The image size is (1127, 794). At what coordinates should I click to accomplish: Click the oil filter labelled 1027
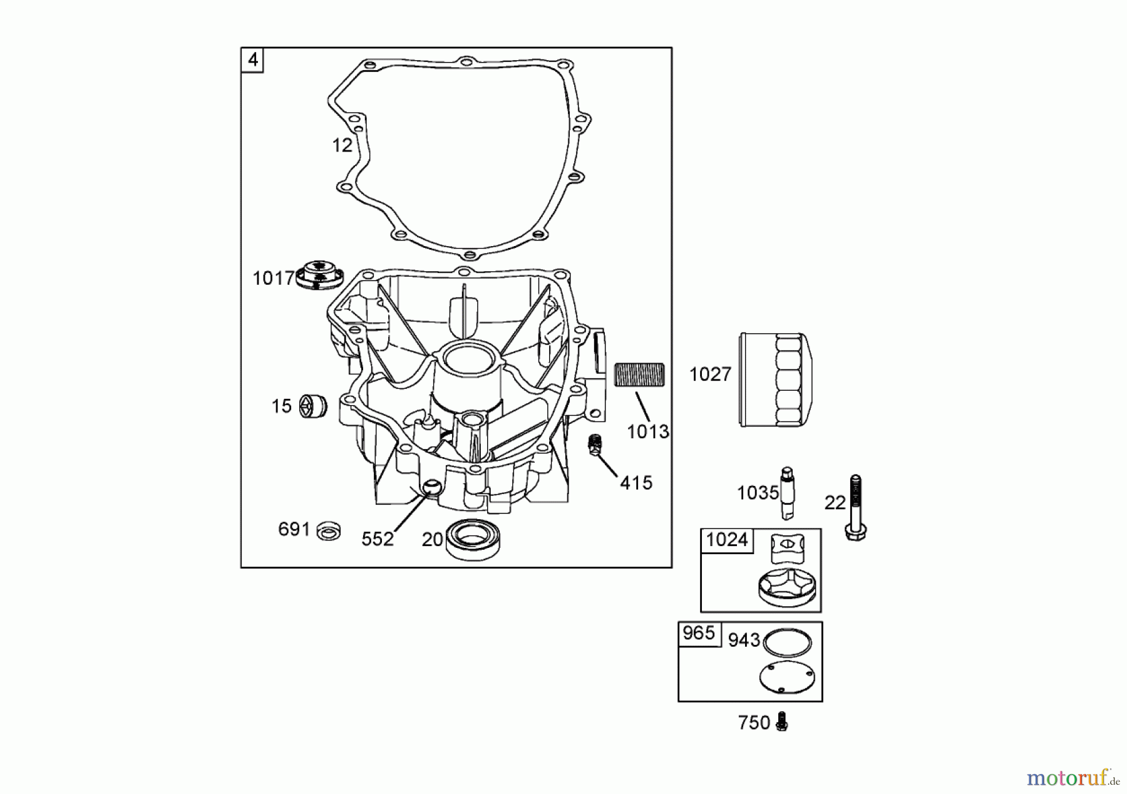click(x=774, y=379)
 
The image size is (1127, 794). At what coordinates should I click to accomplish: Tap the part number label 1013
click(x=648, y=431)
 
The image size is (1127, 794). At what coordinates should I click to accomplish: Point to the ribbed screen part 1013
click(x=639, y=374)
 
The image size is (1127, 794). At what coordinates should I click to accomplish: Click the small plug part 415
click(x=594, y=445)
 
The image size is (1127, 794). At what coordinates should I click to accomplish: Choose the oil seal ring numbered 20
click(x=472, y=539)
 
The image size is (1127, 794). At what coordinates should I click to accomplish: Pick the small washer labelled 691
click(x=329, y=531)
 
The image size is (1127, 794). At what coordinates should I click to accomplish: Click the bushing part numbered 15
click(x=313, y=406)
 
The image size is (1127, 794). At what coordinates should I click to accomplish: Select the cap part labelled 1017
click(x=319, y=275)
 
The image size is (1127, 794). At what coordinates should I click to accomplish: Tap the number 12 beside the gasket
click(x=342, y=145)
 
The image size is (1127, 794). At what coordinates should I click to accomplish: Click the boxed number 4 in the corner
click(x=252, y=60)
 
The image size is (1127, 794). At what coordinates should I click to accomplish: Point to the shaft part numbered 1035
click(x=787, y=493)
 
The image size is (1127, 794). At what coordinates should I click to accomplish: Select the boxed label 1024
click(x=727, y=540)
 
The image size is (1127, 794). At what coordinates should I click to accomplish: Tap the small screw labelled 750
click(x=781, y=721)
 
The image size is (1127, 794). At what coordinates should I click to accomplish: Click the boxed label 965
click(x=699, y=633)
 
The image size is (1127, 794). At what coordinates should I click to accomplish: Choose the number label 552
click(x=377, y=539)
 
